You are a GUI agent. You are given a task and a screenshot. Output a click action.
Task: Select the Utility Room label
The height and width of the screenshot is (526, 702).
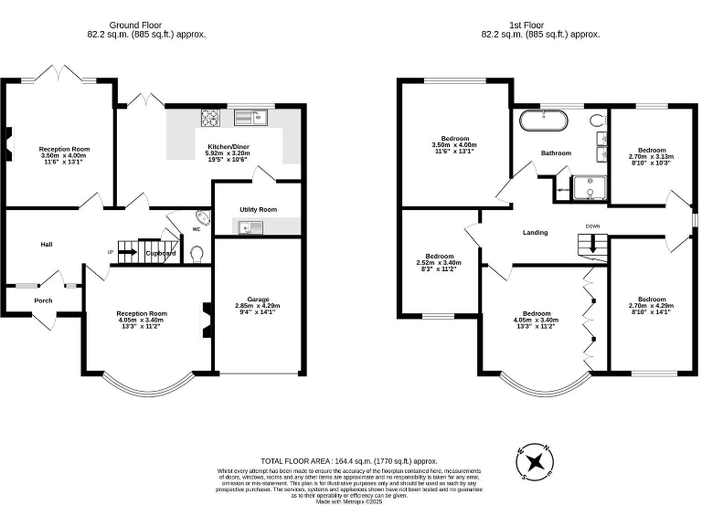tap(258, 210)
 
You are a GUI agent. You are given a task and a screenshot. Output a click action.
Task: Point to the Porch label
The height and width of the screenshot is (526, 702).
tap(43, 300)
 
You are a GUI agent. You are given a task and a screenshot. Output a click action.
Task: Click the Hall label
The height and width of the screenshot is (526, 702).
tap(46, 245)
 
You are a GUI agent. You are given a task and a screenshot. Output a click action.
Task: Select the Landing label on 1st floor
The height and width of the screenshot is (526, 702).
tap(535, 233)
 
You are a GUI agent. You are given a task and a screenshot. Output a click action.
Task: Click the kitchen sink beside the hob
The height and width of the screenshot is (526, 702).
tap(248, 115)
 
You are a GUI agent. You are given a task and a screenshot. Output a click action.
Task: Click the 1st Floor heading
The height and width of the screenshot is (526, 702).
tap(540, 25)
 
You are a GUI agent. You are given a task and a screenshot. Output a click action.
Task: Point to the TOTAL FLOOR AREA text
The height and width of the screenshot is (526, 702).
tap(349, 462)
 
